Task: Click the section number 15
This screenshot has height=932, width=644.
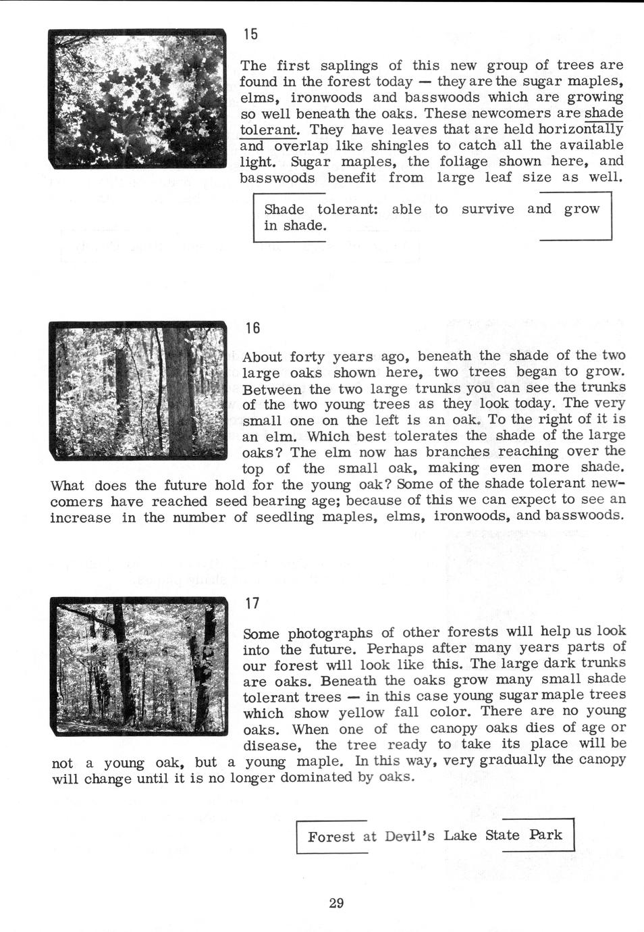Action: pos(251,34)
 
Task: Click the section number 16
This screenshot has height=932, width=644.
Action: pos(252,328)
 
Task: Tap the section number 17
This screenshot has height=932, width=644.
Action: pos(252,603)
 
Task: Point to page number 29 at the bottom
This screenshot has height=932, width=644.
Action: pos(336,902)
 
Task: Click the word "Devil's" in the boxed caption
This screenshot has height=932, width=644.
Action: pos(410,836)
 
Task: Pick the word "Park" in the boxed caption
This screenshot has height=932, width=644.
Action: pos(545,835)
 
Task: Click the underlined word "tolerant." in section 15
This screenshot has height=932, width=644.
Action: pos(269,129)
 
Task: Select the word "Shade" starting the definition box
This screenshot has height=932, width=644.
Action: pos(284,209)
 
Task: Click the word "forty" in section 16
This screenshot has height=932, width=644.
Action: pos(307,356)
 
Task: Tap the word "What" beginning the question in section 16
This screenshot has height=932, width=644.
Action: pos(68,486)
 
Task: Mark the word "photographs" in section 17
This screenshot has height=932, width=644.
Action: pos(330,633)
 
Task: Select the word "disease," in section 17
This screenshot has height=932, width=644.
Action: pos(271,746)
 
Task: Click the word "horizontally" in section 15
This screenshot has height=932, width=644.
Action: pos(581,129)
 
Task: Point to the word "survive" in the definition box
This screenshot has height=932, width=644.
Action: pos(487,209)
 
